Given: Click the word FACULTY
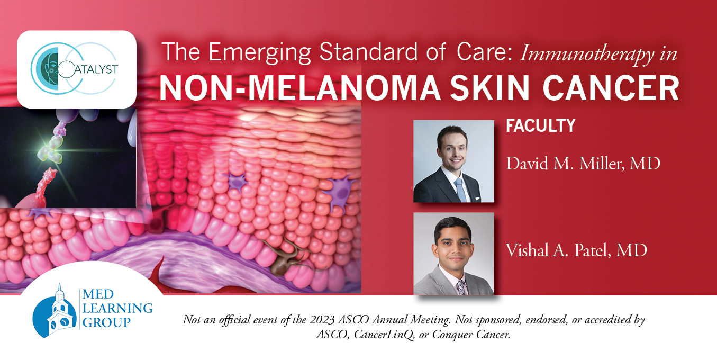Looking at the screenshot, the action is (540, 125).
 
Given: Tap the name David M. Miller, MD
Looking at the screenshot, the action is (583, 164).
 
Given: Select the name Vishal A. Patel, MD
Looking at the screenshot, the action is (576, 250).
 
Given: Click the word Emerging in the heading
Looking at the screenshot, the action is (260, 53).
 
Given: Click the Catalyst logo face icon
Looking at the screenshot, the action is (51, 68).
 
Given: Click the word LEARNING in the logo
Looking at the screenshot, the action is (117, 308).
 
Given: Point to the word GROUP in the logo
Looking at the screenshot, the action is (106, 322).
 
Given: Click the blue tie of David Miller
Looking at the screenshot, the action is (460, 190).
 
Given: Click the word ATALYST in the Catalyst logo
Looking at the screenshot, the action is (96, 69).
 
